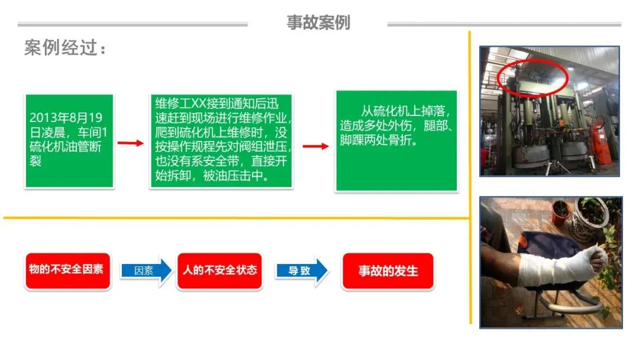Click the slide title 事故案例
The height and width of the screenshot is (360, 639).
pyautogui.click(x=318, y=22)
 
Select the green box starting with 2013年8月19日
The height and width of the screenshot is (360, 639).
pyautogui.click(x=69, y=141)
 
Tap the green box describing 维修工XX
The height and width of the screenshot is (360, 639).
pyautogui.click(x=221, y=140)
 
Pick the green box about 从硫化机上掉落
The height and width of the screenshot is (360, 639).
pyautogui.click(x=396, y=141)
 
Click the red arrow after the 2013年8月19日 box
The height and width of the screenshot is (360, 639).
pyautogui.click(x=130, y=143)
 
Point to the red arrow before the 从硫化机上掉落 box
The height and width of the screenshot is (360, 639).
pyautogui.click(x=315, y=146)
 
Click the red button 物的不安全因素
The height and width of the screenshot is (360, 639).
pyautogui.click(x=67, y=270)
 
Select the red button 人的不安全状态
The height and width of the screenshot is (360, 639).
pyautogui.click(x=220, y=270)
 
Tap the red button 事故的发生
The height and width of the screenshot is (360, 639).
pyautogui.click(x=388, y=271)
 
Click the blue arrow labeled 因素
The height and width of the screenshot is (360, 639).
pyautogui.click(x=145, y=271)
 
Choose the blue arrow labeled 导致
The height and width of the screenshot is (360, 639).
pyautogui.click(x=301, y=271)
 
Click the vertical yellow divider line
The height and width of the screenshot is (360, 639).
pyautogui.click(x=470, y=178)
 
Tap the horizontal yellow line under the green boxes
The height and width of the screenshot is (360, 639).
pyautogui.click(x=237, y=217)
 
